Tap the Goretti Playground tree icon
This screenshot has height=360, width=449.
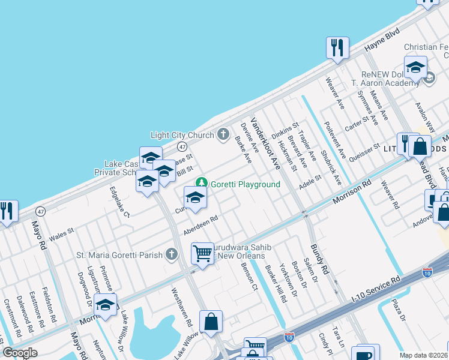click(x=202, y=182)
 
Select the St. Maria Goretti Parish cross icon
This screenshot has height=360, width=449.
click(x=172, y=254)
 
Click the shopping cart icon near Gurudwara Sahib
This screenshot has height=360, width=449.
click(x=203, y=253)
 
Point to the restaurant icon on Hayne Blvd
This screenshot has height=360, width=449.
click(x=337, y=47)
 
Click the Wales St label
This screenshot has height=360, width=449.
click(x=61, y=233)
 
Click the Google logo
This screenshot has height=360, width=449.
click(x=20, y=353)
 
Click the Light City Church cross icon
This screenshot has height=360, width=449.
click(x=223, y=134)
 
